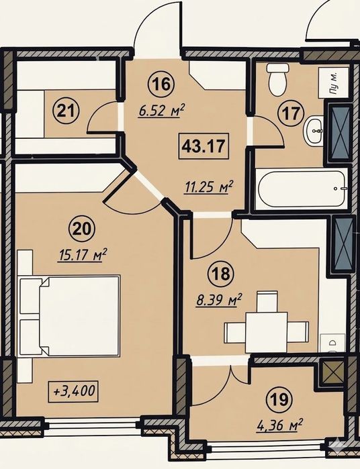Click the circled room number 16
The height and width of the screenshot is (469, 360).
[x=163, y=84]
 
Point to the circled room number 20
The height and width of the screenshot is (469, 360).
[x=82, y=229]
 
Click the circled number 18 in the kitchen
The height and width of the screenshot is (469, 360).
[x=222, y=274]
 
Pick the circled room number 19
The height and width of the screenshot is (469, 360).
[x=279, y=399]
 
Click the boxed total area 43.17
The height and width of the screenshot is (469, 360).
[x=204, y=146]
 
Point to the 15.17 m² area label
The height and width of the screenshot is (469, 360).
[x=82, y=256]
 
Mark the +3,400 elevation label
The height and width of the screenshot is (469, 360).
[x=73, y=390]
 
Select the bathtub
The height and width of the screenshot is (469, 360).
[x=302, y=189]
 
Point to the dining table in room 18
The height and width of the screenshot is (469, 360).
[x=267, y=332]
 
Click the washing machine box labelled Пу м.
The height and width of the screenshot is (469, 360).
[x=334, y=83]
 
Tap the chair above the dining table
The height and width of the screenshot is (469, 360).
[x=267, y=301]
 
